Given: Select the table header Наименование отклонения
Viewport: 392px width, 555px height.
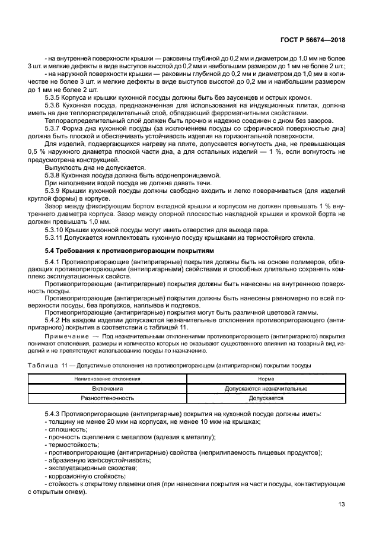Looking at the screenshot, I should pyautogui.click(x=107, y=378).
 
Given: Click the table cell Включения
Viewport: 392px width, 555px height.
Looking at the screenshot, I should pyautogui.click(x=107, y=388).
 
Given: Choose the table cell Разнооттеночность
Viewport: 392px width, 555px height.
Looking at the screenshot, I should pyautogui.click(x=107, y=398).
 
